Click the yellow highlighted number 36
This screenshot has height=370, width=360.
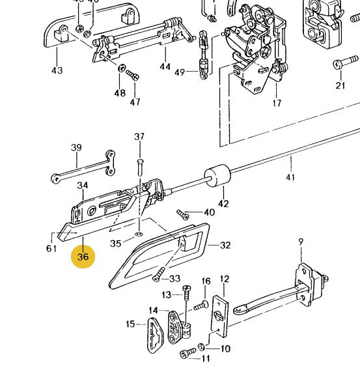point(83,257)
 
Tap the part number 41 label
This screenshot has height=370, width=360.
point(290,177)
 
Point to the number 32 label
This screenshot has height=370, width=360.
point(225,246)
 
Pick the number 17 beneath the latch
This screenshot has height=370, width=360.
point(277,103)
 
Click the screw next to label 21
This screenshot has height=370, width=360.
point(340,64)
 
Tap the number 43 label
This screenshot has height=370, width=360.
point(57,70)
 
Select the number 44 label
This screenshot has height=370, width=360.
point(165,66)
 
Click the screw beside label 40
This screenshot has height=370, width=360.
point(183,214)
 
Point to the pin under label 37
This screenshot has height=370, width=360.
point(140,162)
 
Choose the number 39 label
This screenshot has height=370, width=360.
point(76,147)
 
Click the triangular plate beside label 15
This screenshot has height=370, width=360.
point(154,333)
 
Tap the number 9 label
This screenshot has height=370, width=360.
point(301,242)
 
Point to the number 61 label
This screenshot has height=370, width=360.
point(51,249)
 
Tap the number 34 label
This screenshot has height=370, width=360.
point(82,186)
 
